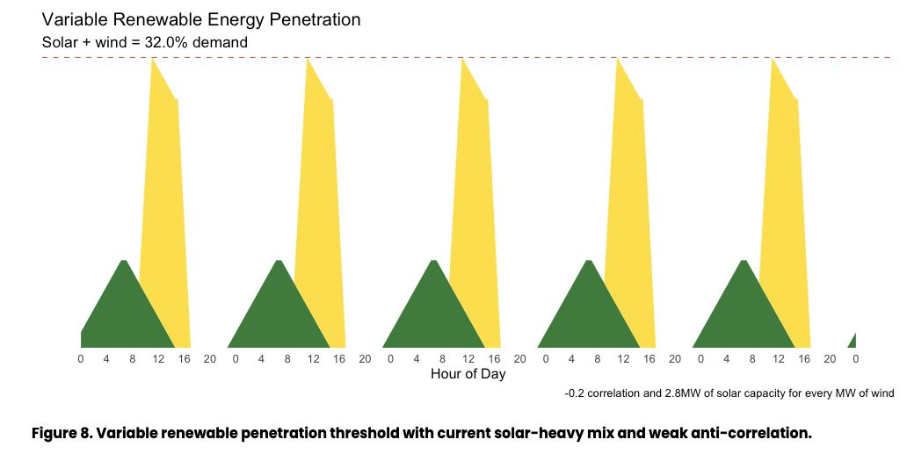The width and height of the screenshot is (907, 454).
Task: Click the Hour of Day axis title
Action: click(x=468, y=374)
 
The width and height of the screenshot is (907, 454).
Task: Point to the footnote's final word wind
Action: click(x=882, y=393)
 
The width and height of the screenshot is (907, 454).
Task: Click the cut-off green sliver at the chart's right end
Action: click(x=853, y=341)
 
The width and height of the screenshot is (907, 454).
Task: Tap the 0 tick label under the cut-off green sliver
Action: click(x=855, y=359)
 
